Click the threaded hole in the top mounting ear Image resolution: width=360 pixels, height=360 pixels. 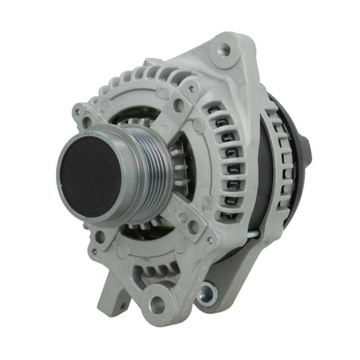coord(224,50)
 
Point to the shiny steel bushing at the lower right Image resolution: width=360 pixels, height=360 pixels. coord(208,294)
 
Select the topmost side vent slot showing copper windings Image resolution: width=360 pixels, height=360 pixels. coord(216,109)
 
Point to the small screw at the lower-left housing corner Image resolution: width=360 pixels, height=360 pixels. coord(94,252)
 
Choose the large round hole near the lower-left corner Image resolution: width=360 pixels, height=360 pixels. coord(100,237)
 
